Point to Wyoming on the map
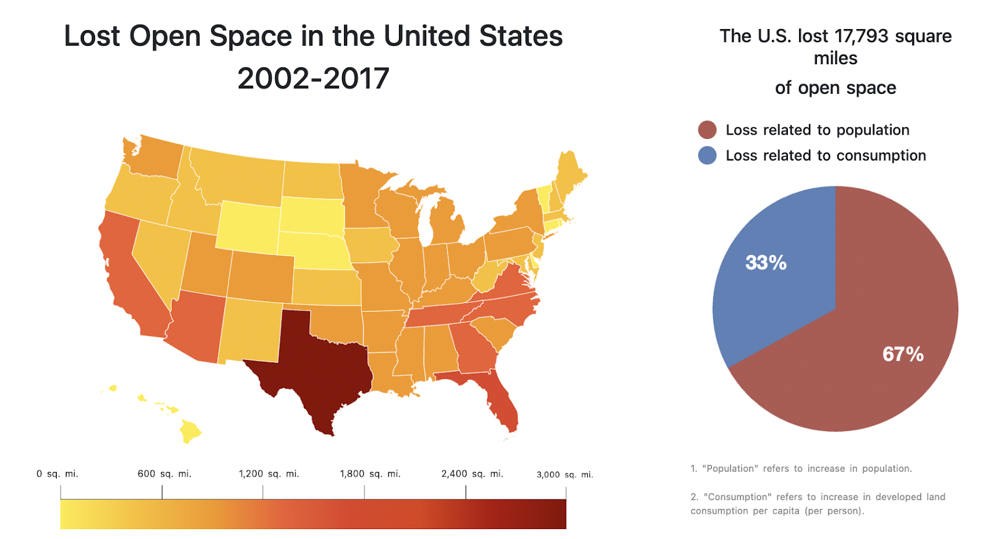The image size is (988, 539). pos(247,225)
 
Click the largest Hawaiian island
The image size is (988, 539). pos(190,431)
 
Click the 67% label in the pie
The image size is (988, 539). pos(903,354)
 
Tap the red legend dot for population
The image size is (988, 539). pos(707,130)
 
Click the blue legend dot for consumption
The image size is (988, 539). pos(707,156)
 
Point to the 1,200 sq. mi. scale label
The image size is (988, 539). pos(269,474)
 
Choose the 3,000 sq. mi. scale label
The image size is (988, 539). pos(564,475)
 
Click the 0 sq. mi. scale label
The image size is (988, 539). pos(57,474)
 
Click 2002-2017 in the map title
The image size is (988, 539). pos(313,78)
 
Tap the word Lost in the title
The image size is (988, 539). pos(92,36)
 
